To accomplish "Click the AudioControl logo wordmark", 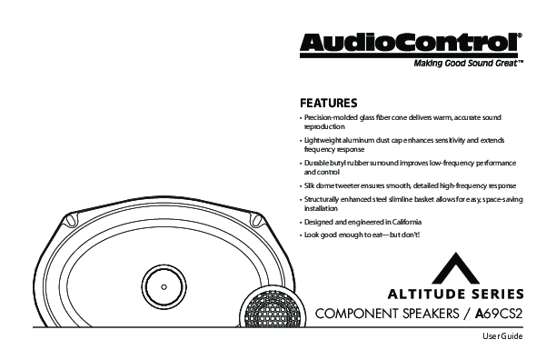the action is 411,44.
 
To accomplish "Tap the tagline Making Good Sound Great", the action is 469,64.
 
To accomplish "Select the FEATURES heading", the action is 328,104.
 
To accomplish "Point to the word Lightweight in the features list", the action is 322,140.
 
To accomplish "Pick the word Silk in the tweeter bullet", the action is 309,185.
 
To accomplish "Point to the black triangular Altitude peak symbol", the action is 456,268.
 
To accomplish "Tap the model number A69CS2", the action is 499,314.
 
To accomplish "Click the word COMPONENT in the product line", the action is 357,314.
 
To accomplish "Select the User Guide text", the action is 502,336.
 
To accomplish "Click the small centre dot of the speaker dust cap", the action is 164,287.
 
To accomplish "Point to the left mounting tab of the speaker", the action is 70,219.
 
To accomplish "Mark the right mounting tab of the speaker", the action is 256,219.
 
